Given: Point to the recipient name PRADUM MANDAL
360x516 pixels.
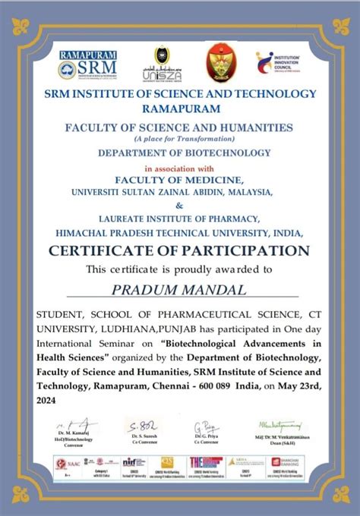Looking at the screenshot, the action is click(179, 289).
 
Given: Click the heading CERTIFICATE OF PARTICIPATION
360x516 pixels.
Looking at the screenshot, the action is click(179, 250).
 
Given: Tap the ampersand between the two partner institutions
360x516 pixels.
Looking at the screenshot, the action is click(179, 206).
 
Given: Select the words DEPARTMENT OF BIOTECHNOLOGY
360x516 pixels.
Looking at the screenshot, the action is click(179, 153).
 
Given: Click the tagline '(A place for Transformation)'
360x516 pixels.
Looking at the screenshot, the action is click(179, 139).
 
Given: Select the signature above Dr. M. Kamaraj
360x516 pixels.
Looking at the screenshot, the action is click(75, 426).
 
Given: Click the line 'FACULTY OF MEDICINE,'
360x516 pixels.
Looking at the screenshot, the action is click(179, 180).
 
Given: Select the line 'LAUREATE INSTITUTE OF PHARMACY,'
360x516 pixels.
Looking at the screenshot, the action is click(179, 219).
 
